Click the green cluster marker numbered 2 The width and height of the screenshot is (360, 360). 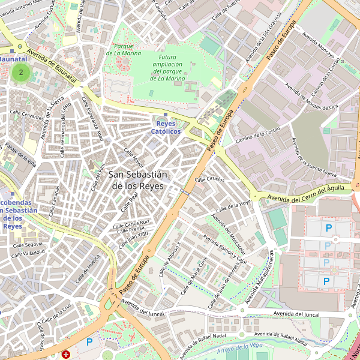coord(21,73)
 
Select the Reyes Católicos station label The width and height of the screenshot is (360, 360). coord(166,127)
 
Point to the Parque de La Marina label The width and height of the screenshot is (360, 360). coord(124,49)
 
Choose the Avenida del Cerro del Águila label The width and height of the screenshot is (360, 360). coord(305,193)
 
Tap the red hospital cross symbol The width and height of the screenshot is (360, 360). coord(66,355)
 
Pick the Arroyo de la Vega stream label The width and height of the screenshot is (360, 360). coord(240,346)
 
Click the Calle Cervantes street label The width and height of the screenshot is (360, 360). coord(28,116)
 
